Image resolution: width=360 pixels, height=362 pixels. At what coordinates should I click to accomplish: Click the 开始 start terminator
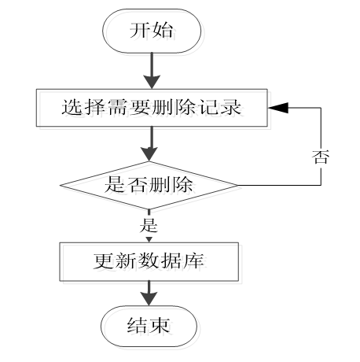152,31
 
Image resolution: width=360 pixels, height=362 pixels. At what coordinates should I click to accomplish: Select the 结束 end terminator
149,326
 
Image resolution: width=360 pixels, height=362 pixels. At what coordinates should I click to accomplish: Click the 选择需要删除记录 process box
152,108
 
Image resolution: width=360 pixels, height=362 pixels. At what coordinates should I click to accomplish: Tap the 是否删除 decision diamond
149,185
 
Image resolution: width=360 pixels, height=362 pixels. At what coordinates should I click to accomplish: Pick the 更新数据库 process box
149,261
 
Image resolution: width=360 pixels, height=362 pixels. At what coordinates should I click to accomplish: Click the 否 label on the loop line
321,157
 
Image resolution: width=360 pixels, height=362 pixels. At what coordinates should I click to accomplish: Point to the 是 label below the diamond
149,225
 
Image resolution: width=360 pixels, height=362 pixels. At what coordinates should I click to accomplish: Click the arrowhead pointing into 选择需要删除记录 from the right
278,108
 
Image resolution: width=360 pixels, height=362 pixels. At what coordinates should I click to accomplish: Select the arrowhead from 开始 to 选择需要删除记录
152,82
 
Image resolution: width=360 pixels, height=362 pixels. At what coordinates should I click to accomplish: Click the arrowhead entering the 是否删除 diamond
149,154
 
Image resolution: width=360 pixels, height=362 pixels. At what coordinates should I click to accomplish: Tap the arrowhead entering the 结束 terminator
149,298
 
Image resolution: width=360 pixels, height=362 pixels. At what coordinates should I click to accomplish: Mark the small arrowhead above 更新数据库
149,240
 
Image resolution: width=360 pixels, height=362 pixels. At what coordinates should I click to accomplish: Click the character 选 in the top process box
71,107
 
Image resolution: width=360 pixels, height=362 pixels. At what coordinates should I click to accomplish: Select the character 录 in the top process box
232,107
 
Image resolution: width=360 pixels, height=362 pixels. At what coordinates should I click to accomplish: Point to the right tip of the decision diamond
238,185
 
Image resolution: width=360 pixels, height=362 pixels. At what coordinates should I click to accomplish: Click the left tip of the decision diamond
61,186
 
